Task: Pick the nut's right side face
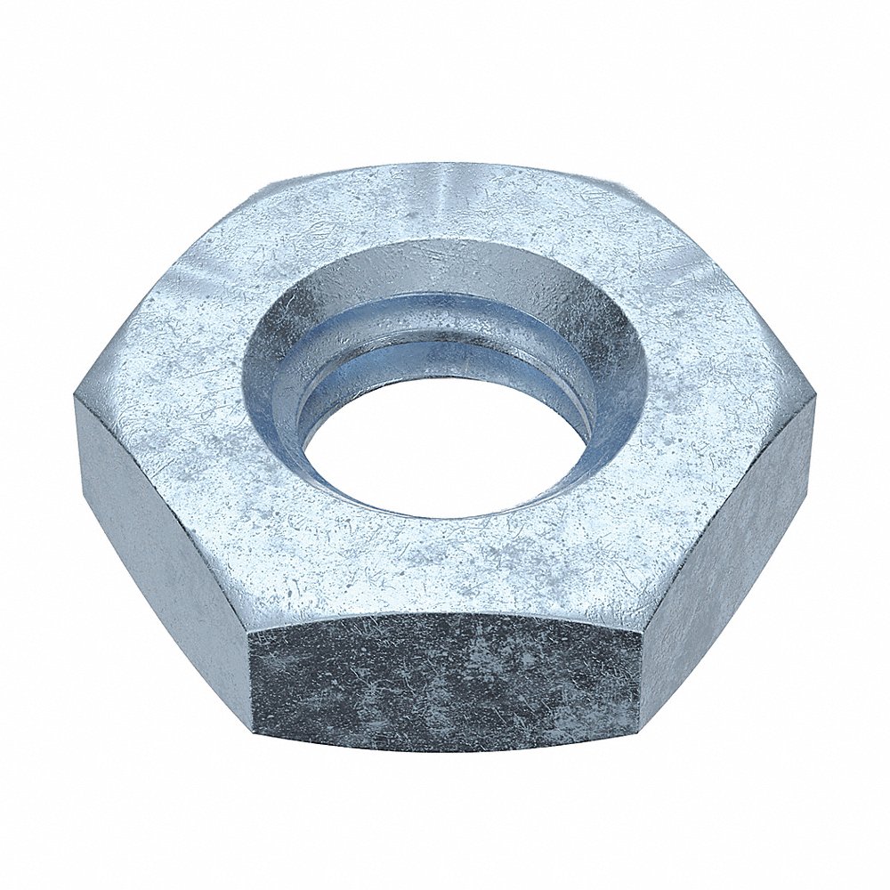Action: pos(730,525)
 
